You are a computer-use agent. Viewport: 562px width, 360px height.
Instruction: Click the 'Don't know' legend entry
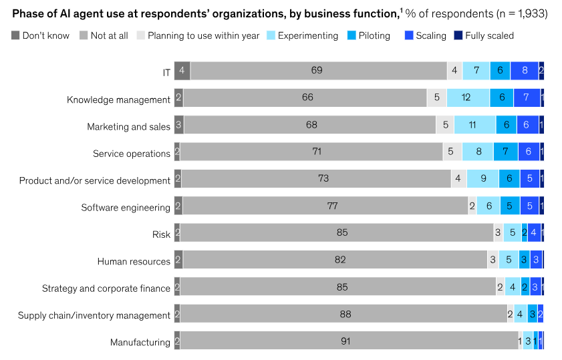click(x=40, y=35)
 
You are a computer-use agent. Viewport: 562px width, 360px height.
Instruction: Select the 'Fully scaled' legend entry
click(x=484, y=35)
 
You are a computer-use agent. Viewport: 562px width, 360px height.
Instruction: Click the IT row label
click(x=166, y=73)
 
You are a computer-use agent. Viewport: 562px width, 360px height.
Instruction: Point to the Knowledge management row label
click(x=118, y=100)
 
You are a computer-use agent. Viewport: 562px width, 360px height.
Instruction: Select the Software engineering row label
click(x=126, y=208)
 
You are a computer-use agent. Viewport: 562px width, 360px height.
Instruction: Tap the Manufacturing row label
click(x=140, y=343)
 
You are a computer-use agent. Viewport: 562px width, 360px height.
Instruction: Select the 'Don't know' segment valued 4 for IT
click(x=182, y=71)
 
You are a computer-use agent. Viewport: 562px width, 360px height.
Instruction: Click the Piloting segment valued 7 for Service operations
click(x=505, y=152)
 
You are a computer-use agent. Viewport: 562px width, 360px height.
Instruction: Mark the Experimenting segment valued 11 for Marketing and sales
click(x=474, y=125)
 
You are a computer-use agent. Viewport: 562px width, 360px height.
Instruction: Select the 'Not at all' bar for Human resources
click(x=335, y=260)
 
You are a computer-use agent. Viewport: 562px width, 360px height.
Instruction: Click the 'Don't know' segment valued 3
click(x=178, y=125)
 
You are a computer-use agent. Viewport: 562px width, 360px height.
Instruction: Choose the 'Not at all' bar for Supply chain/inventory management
click(x=343, y=314)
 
